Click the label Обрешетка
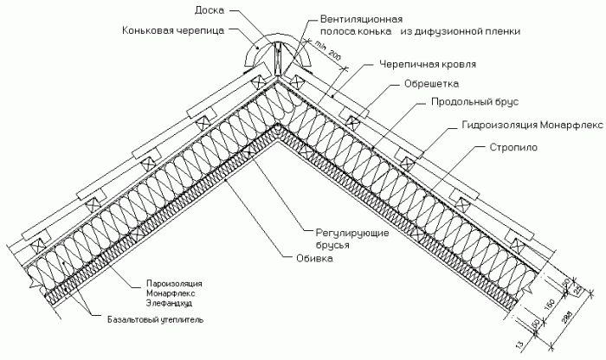(429, 85)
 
